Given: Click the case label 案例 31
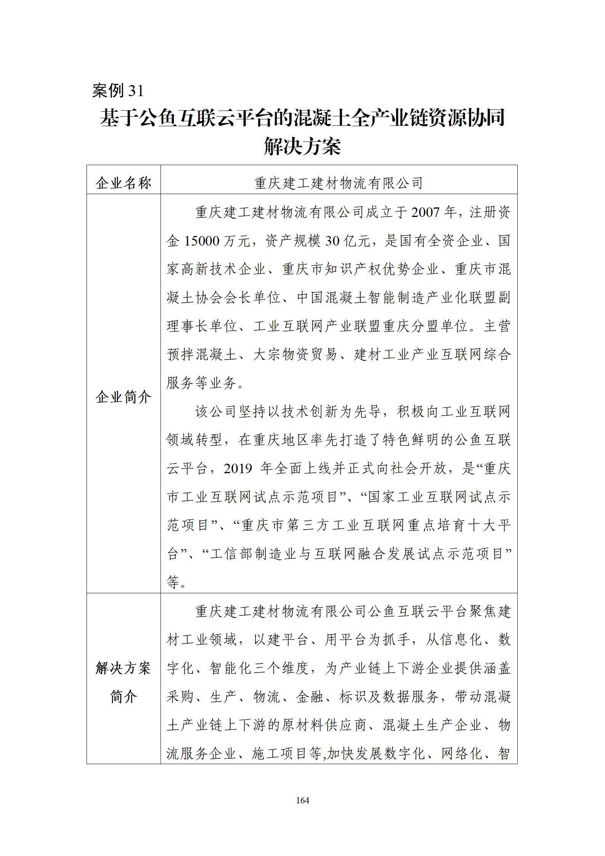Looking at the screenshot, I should [x=118, y=91].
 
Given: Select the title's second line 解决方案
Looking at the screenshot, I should [x=302, y=146].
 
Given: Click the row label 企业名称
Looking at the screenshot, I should [x=124, y=183].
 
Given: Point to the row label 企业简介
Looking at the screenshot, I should [x=124, y=397].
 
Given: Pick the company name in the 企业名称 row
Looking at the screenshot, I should [x=339, y=183].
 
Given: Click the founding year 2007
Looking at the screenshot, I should [x=425, y=212].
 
